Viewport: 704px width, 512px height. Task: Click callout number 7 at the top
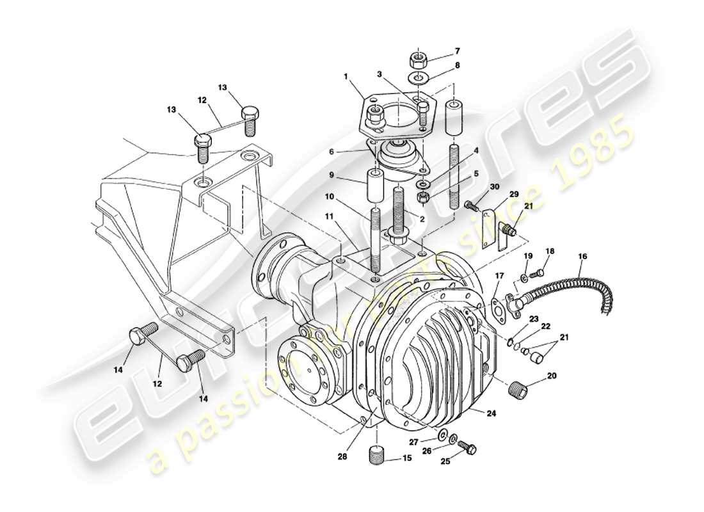coord(457,50)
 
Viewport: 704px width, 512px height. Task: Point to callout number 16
coord(582,257)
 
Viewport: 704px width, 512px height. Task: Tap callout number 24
coord(491,413)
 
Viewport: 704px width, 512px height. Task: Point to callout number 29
coord(514,194)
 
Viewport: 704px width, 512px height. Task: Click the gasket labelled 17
coord(497,306)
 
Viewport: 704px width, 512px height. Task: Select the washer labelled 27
coord(442,436)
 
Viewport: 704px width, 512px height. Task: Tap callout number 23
coord(534,318)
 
